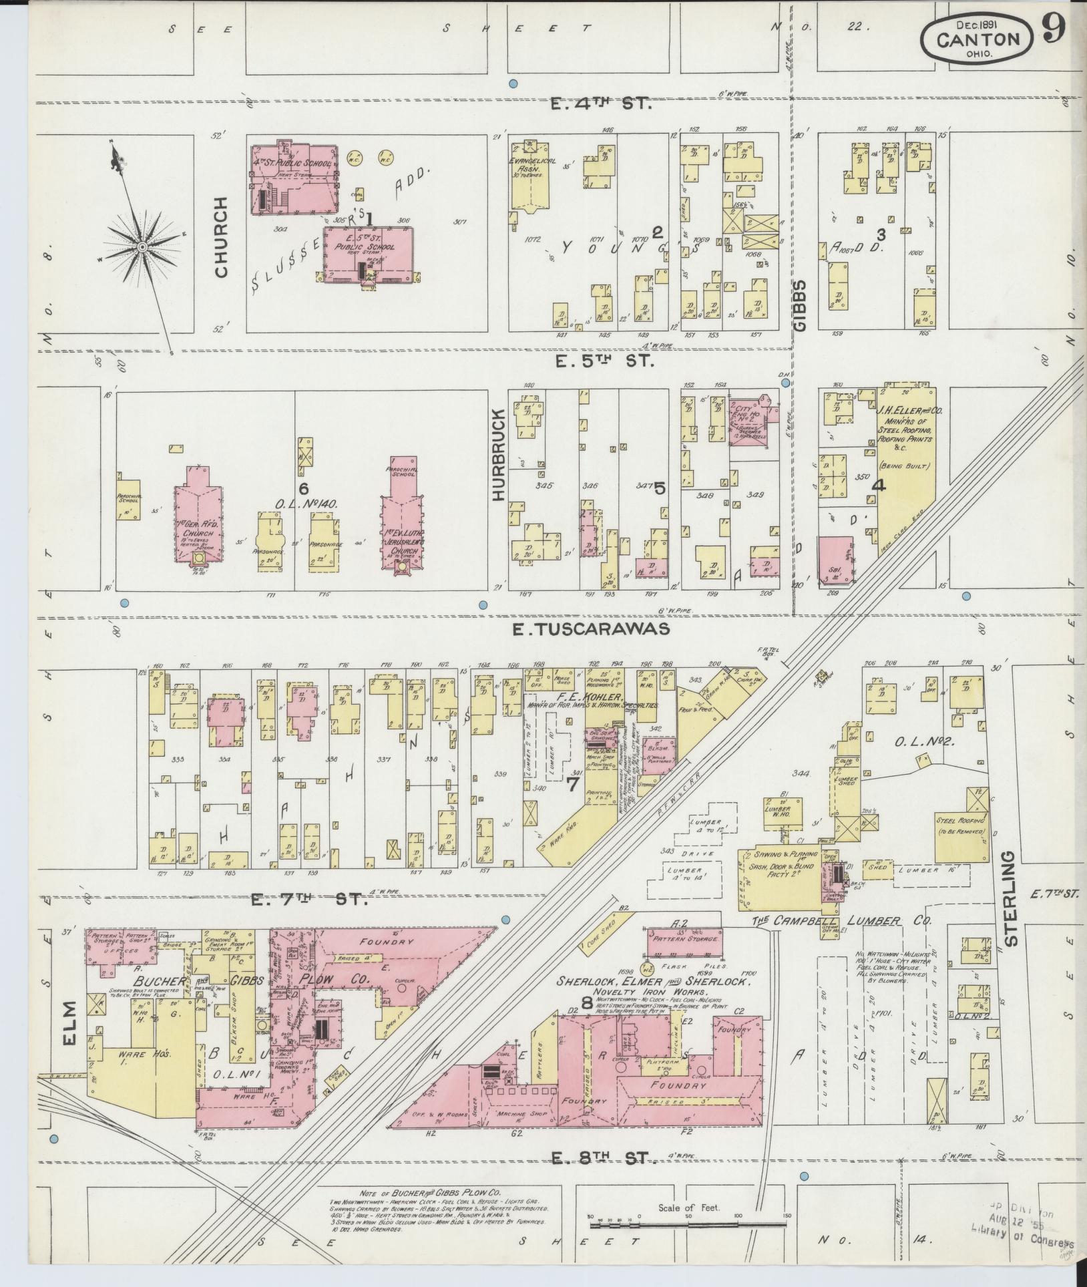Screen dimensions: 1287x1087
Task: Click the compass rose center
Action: [142, 247]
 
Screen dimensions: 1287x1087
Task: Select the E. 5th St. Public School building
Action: [368, 254]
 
